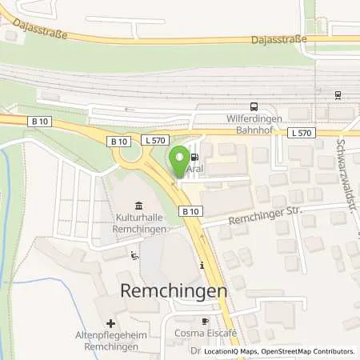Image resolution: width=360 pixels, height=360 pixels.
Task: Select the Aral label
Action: coord(193,170)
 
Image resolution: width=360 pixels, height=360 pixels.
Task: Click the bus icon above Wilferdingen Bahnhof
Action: coord(254,106)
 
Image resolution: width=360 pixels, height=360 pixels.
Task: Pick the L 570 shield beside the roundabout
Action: coord(154,140)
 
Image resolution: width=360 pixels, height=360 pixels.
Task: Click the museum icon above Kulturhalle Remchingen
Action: coord(140,206)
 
